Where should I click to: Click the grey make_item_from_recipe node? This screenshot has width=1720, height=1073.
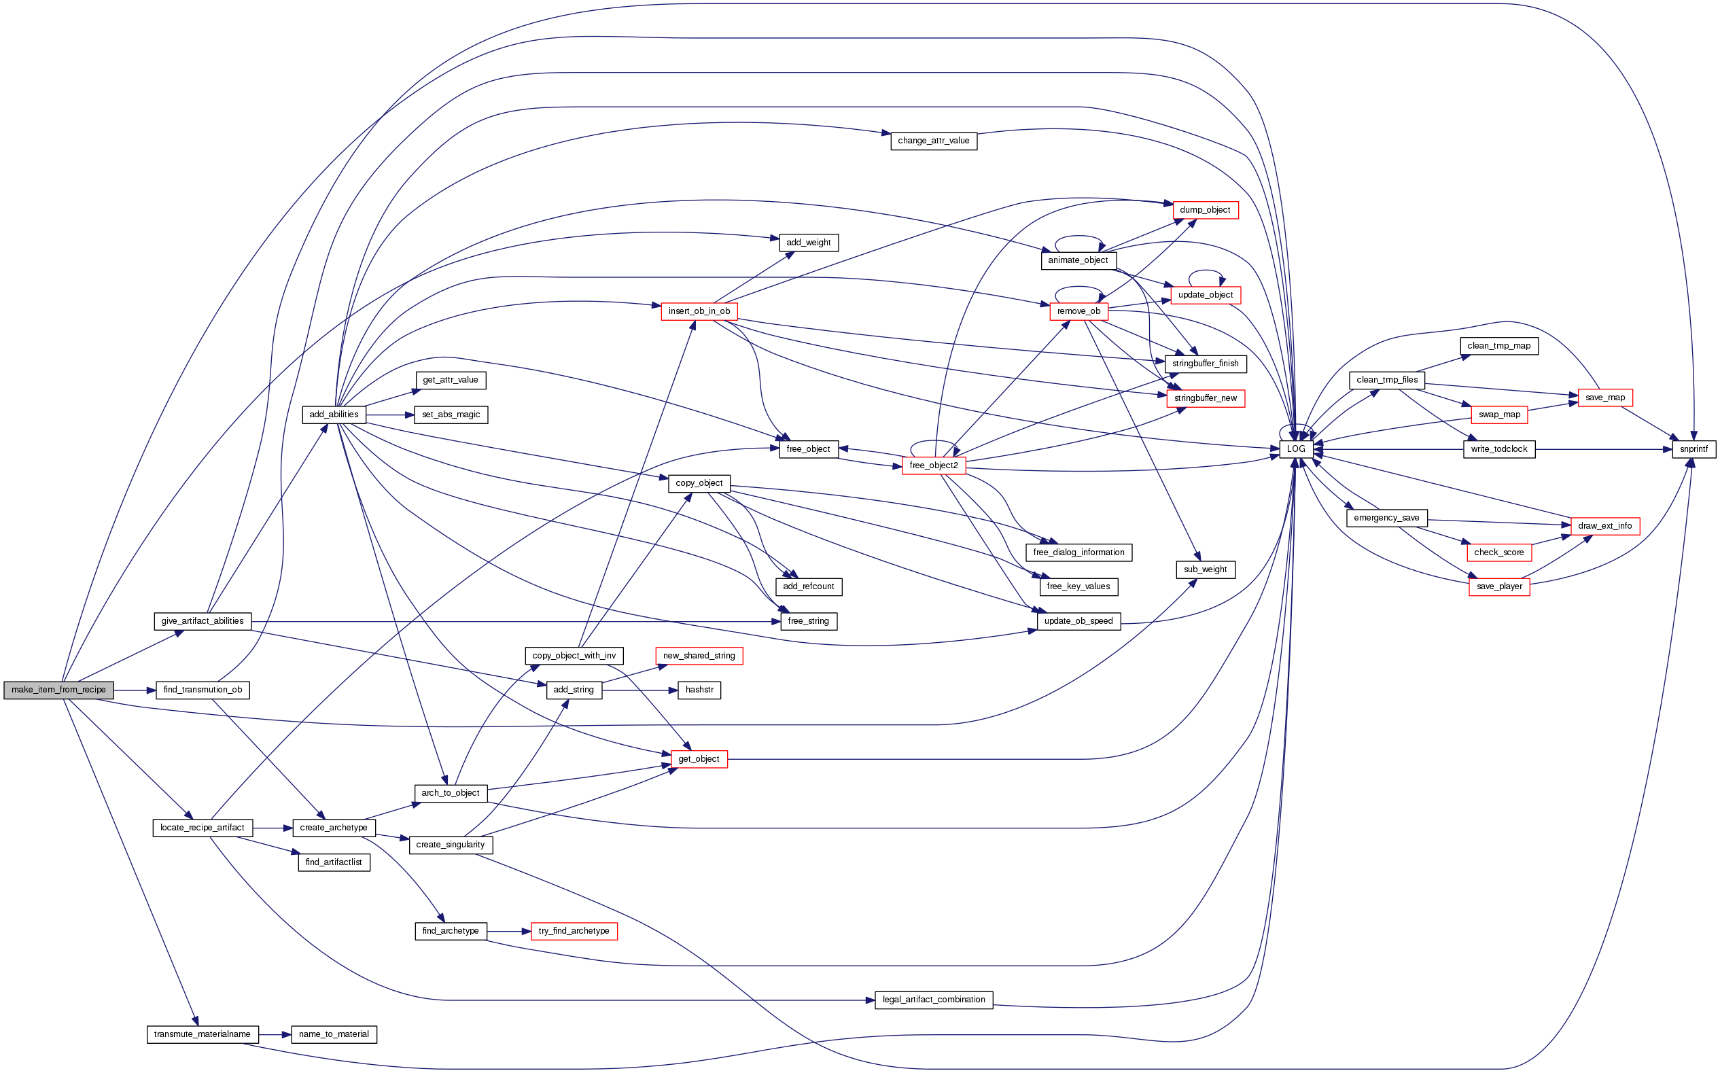[x=58, y=690]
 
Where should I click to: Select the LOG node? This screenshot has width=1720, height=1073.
[x=1296, y=449]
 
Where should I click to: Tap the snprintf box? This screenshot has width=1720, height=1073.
[x=1693, y=449]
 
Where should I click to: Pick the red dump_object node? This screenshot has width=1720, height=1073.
[x=1205, y=210]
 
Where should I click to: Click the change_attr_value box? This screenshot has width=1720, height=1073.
[x=933, y=141]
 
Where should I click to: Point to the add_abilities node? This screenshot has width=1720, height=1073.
[x=334, y=415]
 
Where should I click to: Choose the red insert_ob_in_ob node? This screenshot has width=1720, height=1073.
[x=699, y=311]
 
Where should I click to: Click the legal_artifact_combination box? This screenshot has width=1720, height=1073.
[x=933, y=1000]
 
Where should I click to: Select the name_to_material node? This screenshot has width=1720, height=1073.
[x=334, y=1035]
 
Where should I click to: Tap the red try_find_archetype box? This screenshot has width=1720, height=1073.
[x=574, y=931]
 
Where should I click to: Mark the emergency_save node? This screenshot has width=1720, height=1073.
[x=1386, y=518]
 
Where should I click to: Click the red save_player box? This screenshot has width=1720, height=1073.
[x=1498, y=587]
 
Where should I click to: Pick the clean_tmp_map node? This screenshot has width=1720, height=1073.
[x=1498, y=347]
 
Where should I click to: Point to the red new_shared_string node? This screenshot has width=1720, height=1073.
[x=699, y=656]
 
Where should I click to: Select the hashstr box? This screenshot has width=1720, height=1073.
[x=699, y=690]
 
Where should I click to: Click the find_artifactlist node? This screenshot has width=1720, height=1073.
[x=334, y=862]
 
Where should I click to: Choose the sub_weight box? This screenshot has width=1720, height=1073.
[x=1205, y=570]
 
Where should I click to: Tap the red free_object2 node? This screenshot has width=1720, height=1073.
[x=933, y=465]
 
